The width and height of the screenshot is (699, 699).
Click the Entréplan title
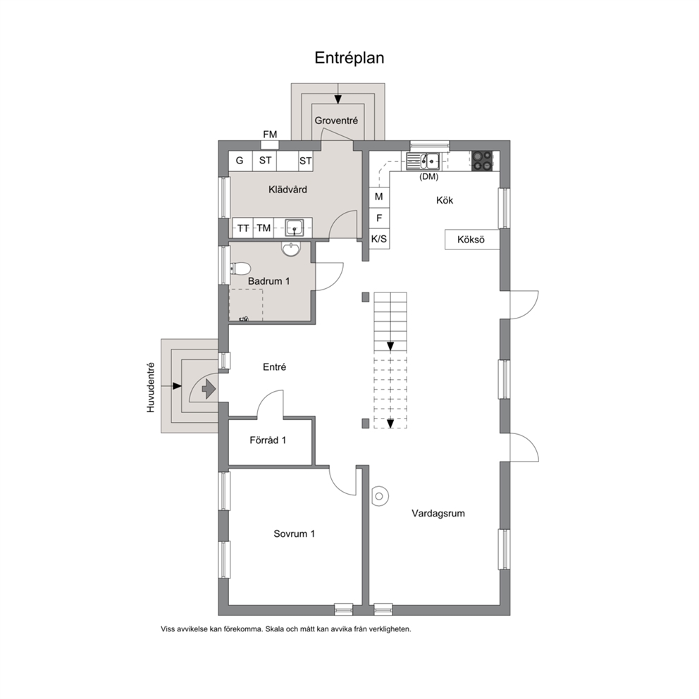click(x=349, y=58)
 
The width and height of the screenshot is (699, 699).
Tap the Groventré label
click(x=336, y=120)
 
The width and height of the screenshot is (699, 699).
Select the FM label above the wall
click(x=270, y=134)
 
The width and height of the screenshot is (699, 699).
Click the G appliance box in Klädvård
click(x=240, y=161)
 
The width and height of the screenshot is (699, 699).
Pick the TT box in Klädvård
click(x=243, y=228)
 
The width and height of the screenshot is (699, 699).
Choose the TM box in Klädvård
click(x=264, y=228)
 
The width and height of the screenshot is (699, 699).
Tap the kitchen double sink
click(x=423, y=161)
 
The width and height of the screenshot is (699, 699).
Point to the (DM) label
click(x=429, y=177)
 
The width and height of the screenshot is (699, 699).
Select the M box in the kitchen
click(x=379, y=197)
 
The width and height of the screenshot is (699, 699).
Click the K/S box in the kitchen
click(x=379, y=239)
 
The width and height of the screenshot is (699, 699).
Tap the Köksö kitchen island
click(x=471, y=240)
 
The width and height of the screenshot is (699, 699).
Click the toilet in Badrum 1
click(x=240, y=268)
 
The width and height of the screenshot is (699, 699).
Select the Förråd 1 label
click(x=268, y=440)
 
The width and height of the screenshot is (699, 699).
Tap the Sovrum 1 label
click(x=295, y=533)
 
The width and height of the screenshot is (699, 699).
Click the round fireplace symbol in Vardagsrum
click(x=380, y=496)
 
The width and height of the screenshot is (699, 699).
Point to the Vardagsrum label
click(x=438, y=514)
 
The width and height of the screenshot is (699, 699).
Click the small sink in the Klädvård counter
click(x=295, y=228)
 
